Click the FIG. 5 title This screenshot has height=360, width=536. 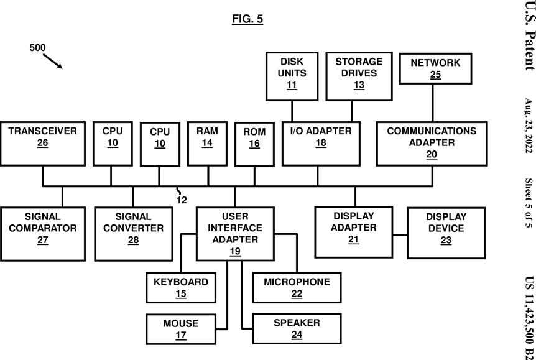pos(247,19)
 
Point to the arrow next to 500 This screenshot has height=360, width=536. pos(53,61)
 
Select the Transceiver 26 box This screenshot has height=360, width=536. pos(43,144)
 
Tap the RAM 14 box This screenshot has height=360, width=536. pos(207,144)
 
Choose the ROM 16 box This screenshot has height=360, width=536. pos(254,144)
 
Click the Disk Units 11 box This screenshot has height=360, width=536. pos(292,76)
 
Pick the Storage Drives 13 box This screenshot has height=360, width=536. pos(359,76)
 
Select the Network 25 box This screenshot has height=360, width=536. pos(435,69)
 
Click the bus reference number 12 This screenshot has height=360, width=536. pos(182,200)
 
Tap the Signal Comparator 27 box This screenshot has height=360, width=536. pos(43,234)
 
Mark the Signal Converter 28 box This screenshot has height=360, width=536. pos(133,234)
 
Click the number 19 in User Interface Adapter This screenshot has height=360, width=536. pos(235,252)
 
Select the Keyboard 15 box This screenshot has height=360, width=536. pos(181,287)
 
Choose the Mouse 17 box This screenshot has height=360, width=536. pos(181,329)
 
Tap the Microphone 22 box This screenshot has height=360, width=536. pos(297,287)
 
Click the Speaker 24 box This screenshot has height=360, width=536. pos(297,328)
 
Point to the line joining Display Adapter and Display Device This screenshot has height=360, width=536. pos(400,235)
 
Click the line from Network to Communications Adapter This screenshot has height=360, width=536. pos(433,103)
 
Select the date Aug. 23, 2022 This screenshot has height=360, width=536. pos(529,126)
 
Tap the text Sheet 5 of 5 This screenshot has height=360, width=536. pos(529,203)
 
